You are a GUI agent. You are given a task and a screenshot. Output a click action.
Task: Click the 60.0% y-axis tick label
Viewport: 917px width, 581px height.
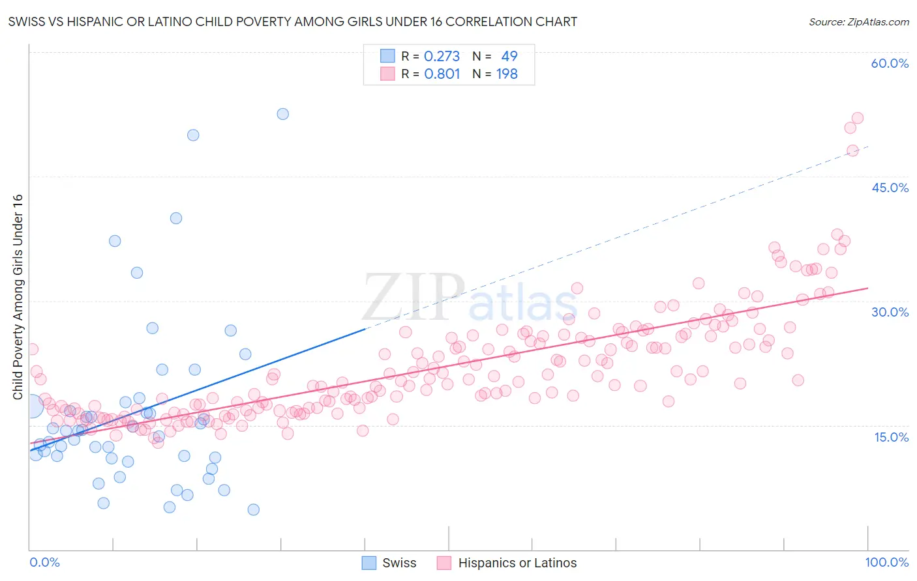click(x=890, y=63)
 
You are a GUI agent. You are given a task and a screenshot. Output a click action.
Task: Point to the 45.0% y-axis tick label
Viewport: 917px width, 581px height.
click(x=890, y=188)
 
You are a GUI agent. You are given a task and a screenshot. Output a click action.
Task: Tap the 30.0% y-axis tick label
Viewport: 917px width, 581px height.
click(x=890, y=312)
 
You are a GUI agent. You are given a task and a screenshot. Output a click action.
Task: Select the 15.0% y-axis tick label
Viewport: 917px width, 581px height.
click(x=891, y=436)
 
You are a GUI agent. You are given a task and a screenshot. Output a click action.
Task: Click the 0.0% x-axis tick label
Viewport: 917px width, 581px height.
click(x=44, y=562)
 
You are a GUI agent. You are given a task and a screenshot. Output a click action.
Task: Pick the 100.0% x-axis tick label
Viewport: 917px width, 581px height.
click(x=886, y=562)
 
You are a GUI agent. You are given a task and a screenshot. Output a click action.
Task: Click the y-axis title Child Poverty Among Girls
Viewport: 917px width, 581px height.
click(x=18, y=297)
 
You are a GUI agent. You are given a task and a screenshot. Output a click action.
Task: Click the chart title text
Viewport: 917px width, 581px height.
click(x=292, y=21)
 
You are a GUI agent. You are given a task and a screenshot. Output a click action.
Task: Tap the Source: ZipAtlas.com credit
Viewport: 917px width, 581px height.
click(x=858, y=21)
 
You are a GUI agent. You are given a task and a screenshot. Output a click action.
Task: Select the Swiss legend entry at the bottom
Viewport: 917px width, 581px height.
click(x=389, y=563)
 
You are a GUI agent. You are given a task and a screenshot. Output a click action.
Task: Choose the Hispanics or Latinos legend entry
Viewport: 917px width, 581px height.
click(x=507, y=563)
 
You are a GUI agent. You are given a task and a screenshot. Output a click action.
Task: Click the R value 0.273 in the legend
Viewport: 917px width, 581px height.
click(x=442, y=57)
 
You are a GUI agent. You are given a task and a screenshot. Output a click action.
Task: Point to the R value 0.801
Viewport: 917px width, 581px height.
click(x=442, y=74)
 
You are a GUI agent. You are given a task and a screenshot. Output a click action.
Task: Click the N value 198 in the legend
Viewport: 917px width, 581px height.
click(x=507, y=74)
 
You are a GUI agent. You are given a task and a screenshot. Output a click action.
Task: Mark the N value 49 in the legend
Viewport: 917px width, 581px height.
click(x=509, y=57)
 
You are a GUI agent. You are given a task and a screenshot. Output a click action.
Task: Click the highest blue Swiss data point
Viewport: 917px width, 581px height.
click(x=282, y=114)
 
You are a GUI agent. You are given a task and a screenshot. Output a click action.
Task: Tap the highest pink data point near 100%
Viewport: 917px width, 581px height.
click(x=858, y=118)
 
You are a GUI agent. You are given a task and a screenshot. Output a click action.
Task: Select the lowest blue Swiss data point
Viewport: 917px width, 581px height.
click(x=253, y=509)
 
